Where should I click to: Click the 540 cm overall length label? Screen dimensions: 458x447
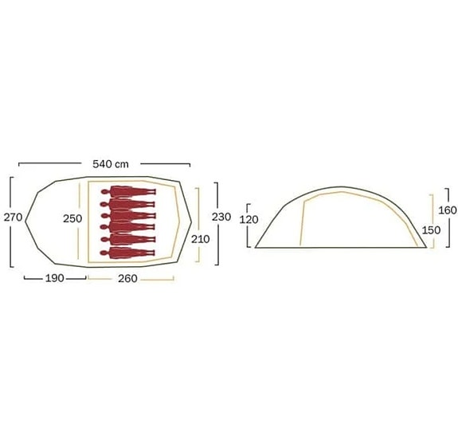tap(111, 164)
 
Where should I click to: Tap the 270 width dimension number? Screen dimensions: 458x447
tap(14, 218)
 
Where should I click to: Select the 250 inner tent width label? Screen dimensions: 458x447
tap(72, 218)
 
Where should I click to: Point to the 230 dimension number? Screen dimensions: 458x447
tap(221, 217)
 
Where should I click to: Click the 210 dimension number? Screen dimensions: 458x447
tap(201, 239)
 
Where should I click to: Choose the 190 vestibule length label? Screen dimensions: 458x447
tap(55, 278)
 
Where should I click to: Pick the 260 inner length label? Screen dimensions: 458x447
tap(127, 278)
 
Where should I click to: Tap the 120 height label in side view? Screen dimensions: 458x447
tap(249, 220)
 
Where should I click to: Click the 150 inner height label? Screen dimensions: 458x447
tap(431, 230)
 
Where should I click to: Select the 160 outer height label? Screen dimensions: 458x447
tap(448, 210)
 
